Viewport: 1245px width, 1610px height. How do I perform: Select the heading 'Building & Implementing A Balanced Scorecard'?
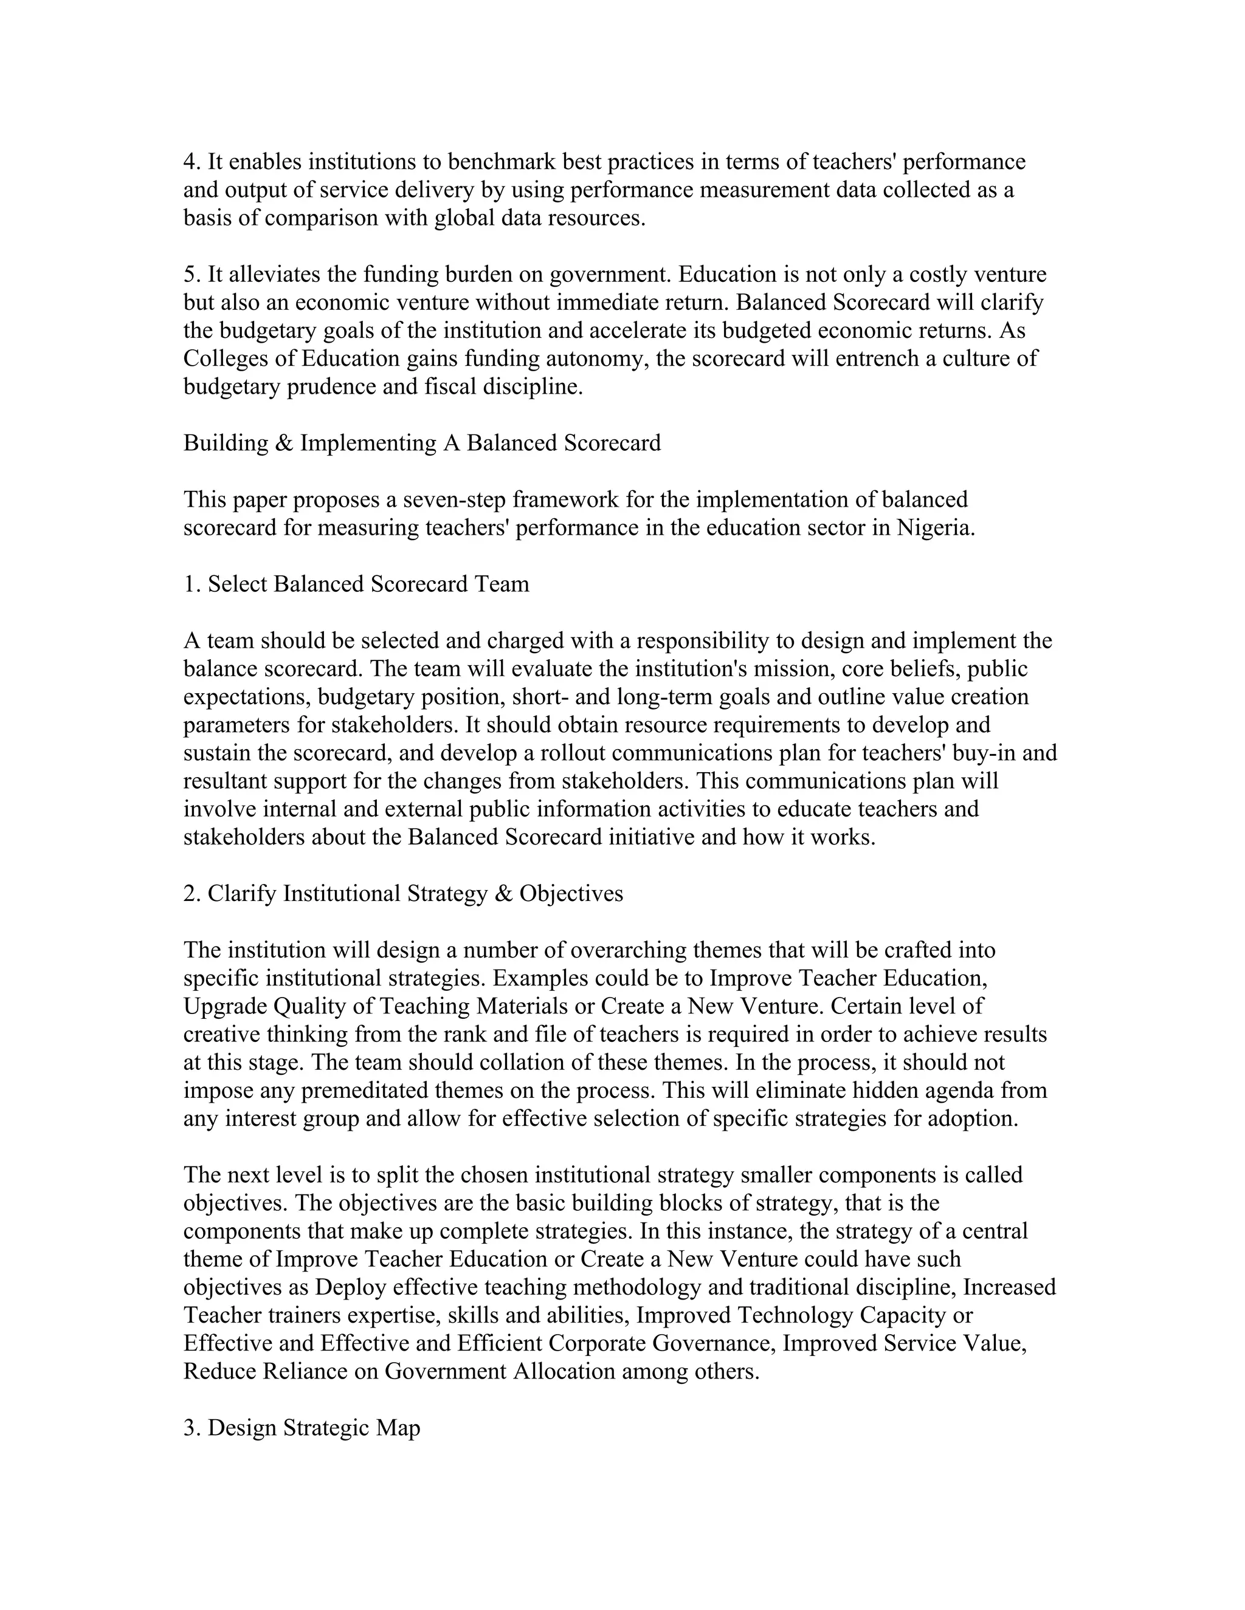point(422,443)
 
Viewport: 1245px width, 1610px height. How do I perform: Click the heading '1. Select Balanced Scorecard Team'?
point(356,584)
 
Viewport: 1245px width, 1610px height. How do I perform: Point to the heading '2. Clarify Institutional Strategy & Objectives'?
point(402,894)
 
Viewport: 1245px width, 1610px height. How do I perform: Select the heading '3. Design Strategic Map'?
point(302,1428)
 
